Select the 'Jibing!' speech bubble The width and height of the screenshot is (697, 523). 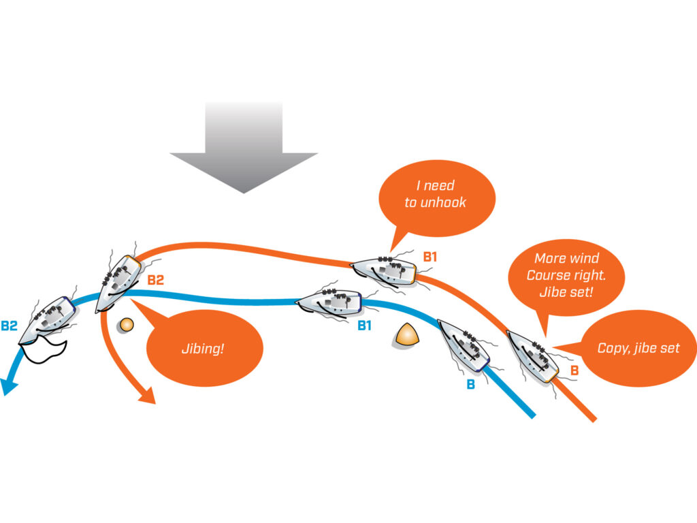coord(204,348)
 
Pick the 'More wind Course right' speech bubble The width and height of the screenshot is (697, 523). coord(567,275)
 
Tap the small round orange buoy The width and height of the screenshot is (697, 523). coord(125,326)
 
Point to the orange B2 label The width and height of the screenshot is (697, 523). coord(156,280)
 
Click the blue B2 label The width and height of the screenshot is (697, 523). coord(9,326)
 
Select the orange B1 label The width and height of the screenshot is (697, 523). coord(430,257)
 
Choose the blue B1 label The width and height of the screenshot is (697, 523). coord(365,326)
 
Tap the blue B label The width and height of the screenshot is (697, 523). coord(470,384)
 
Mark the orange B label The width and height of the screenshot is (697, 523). coord(574,370)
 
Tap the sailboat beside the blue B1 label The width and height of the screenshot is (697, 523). coord(329,302)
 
